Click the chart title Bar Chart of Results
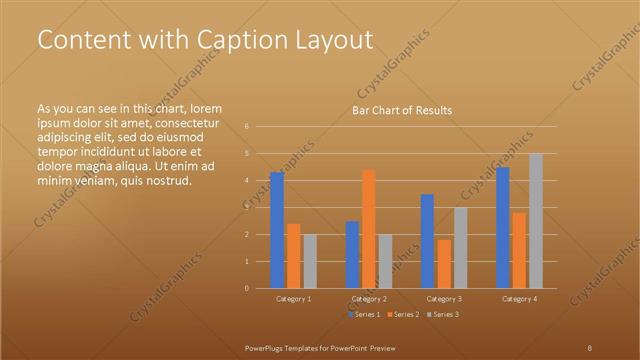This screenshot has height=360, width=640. (x=401, y=110)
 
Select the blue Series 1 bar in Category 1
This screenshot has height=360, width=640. (x=277, y=230)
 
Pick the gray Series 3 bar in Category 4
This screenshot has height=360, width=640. (x=535, y=221)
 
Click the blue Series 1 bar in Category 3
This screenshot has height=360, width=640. (x=427, y=241)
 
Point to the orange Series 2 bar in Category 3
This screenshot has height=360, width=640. (x=444, y=264)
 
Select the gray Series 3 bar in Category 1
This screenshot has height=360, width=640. (x=309, y=261)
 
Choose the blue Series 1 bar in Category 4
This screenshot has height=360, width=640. (x=503, y=228)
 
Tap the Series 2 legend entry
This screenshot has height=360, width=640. (x=403, y=314)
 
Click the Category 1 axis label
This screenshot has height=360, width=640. (x=293, y=299)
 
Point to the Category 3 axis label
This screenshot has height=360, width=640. (x=444, y=299)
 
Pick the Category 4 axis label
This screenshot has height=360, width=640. (x=519, y=299)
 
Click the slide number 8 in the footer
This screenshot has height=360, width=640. (x=590, y=347)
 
